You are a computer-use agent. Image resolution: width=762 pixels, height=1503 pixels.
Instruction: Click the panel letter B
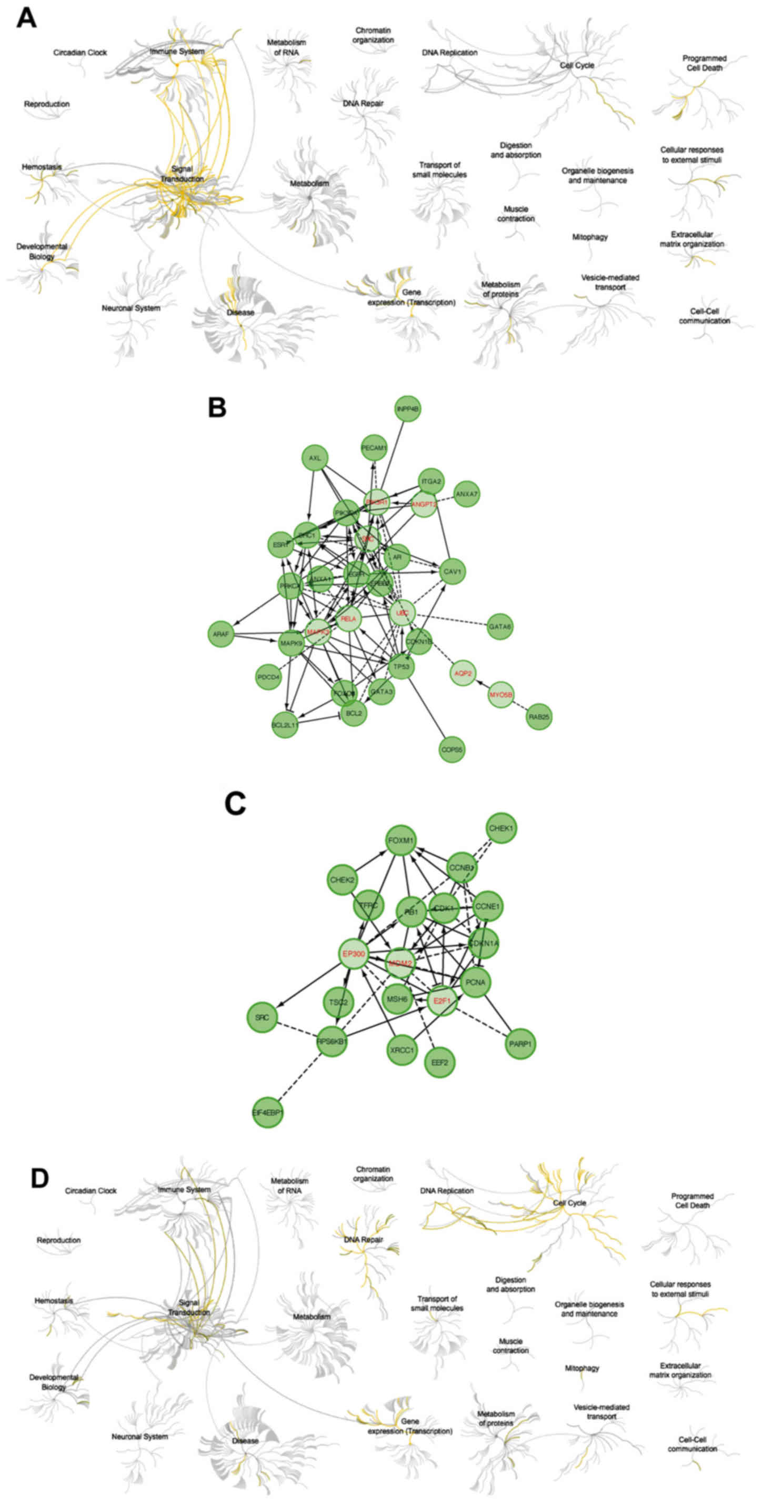(x=217, y=408)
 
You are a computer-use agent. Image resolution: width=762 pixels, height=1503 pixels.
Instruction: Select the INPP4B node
(x=407, y=409)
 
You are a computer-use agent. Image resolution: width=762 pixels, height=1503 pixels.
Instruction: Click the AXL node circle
(x=315, y=458)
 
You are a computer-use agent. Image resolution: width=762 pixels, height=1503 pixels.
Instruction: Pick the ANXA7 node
(x=466, y=494)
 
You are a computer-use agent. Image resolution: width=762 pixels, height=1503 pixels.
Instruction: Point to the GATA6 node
(x=500, y=626)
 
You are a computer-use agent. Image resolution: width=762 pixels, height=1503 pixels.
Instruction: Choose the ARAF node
(x=220, y=634)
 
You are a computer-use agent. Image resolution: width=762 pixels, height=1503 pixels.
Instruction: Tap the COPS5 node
(x=452, y=749)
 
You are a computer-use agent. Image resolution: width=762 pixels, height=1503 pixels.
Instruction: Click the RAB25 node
(x=538, y=716)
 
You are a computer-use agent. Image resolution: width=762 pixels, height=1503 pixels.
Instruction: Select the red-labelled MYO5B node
(x=501, y=694)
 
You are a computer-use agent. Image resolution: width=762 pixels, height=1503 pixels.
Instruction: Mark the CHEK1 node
(x=501, y=828)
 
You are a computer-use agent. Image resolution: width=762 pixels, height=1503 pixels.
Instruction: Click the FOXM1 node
(x=401, y=841)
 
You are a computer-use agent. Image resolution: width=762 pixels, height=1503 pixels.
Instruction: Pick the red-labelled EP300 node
(x=354, y=954)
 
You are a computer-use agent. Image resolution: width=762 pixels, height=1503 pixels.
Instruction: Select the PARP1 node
(x=520, y=1044)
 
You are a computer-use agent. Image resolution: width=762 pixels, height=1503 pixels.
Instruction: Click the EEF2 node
(x=439, y=1062)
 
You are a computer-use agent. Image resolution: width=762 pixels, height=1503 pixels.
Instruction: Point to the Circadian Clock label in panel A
(x=80, y=53)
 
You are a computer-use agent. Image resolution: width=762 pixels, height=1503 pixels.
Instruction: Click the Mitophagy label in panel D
(x=581, y=1368)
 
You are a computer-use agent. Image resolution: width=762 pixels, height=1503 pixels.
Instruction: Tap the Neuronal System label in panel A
(x=131, y=307)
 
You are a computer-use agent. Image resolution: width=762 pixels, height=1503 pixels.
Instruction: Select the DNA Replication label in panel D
(x=447, y=1190)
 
